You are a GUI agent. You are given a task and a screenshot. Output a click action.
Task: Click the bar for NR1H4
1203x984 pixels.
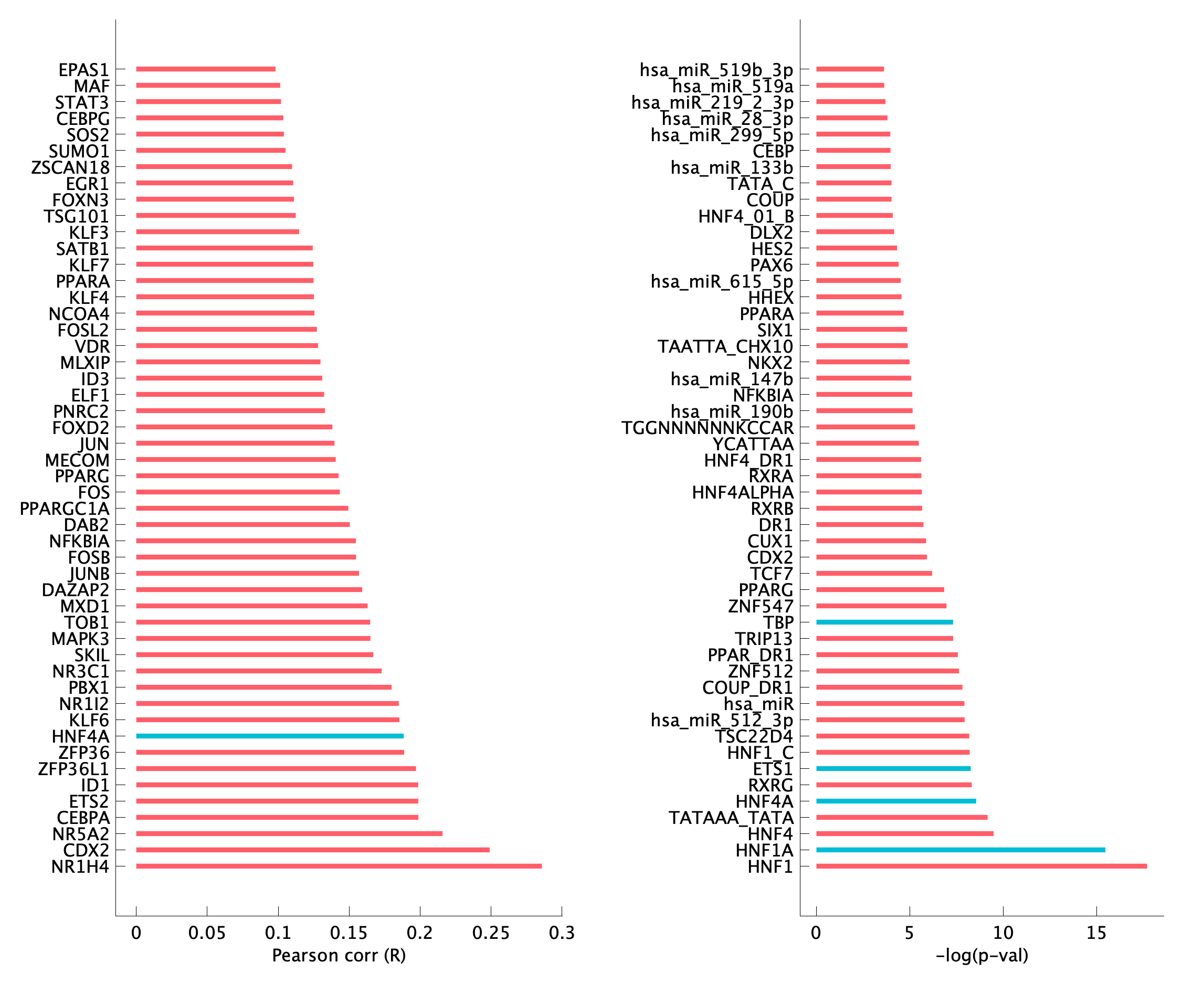coord(339,866)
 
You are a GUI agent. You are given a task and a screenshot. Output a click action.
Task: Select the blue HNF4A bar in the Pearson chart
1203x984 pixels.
coord(269,736)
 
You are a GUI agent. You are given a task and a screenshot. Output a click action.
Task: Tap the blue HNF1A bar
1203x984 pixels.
coord(961,850)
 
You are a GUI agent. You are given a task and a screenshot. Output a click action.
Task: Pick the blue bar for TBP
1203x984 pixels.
coord(884,622)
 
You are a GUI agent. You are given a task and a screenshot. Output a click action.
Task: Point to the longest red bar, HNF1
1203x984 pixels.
coord(982,866)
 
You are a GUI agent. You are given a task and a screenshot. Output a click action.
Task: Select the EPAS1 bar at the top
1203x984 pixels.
coord(205,69)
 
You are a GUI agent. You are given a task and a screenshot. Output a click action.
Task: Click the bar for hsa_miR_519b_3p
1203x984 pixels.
coord(850,69)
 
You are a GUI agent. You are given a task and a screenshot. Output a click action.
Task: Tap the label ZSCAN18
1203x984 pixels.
coord(70,167)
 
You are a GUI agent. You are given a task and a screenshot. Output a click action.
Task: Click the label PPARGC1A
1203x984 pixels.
coord(65,509)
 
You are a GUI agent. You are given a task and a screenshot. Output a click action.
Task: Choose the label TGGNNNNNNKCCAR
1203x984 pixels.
coord(708,427)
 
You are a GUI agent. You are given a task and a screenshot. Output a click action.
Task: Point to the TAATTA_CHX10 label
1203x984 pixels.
coord(725,346)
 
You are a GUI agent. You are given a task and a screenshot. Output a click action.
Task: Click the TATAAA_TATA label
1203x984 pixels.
coord(731,817)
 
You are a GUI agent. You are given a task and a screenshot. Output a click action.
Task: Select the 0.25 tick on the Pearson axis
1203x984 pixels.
coord(491,933)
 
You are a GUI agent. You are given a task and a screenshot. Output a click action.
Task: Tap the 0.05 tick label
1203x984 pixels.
coord(207,933)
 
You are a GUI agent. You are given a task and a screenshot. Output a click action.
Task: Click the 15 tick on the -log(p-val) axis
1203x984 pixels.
coord(1096,933)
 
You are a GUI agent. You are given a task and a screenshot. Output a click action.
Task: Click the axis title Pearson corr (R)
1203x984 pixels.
coord(339,956)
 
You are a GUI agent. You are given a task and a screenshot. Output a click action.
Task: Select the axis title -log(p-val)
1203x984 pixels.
coord(982,956)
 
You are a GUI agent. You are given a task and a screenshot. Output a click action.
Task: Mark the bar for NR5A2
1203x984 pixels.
coord(289,833)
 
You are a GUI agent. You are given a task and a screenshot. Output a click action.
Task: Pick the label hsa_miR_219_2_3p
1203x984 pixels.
coord(712,102)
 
